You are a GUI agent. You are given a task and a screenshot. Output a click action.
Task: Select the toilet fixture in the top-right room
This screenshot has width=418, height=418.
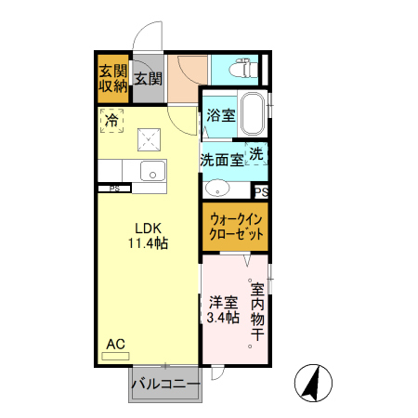(x=244, y=68)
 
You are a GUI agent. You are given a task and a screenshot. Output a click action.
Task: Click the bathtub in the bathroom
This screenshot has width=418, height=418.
(x=252, y=114)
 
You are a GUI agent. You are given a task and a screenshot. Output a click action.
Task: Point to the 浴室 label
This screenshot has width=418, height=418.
(x=219, y=116)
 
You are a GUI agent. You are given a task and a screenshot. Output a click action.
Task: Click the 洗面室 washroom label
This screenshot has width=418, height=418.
(x=223, y=159)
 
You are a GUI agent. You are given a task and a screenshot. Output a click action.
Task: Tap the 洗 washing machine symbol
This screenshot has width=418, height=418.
(x=255, y=153)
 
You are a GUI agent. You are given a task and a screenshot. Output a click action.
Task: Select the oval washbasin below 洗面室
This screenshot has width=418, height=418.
(x=216, y=187)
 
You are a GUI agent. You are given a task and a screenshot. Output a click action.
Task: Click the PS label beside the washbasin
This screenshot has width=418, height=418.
(x=261, y=192)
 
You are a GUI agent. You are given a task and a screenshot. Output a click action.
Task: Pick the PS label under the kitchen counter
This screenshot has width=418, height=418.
(x=114, y=189)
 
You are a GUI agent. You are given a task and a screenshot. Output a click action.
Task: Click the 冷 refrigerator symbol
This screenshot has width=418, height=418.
(x=111, y=119)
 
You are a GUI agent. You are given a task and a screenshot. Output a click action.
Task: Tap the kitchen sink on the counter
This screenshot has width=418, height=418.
(x=150, y=171)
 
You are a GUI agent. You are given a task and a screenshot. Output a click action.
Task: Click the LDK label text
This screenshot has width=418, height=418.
(x=149, y=229)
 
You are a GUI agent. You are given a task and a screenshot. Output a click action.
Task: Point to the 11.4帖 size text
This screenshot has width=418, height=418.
(x=149, y=243)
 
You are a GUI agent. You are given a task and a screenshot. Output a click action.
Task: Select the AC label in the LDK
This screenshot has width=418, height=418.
(x=114, y=345)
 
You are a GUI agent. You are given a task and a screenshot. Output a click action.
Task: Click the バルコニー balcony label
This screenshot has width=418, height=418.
(x=165, y=384)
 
